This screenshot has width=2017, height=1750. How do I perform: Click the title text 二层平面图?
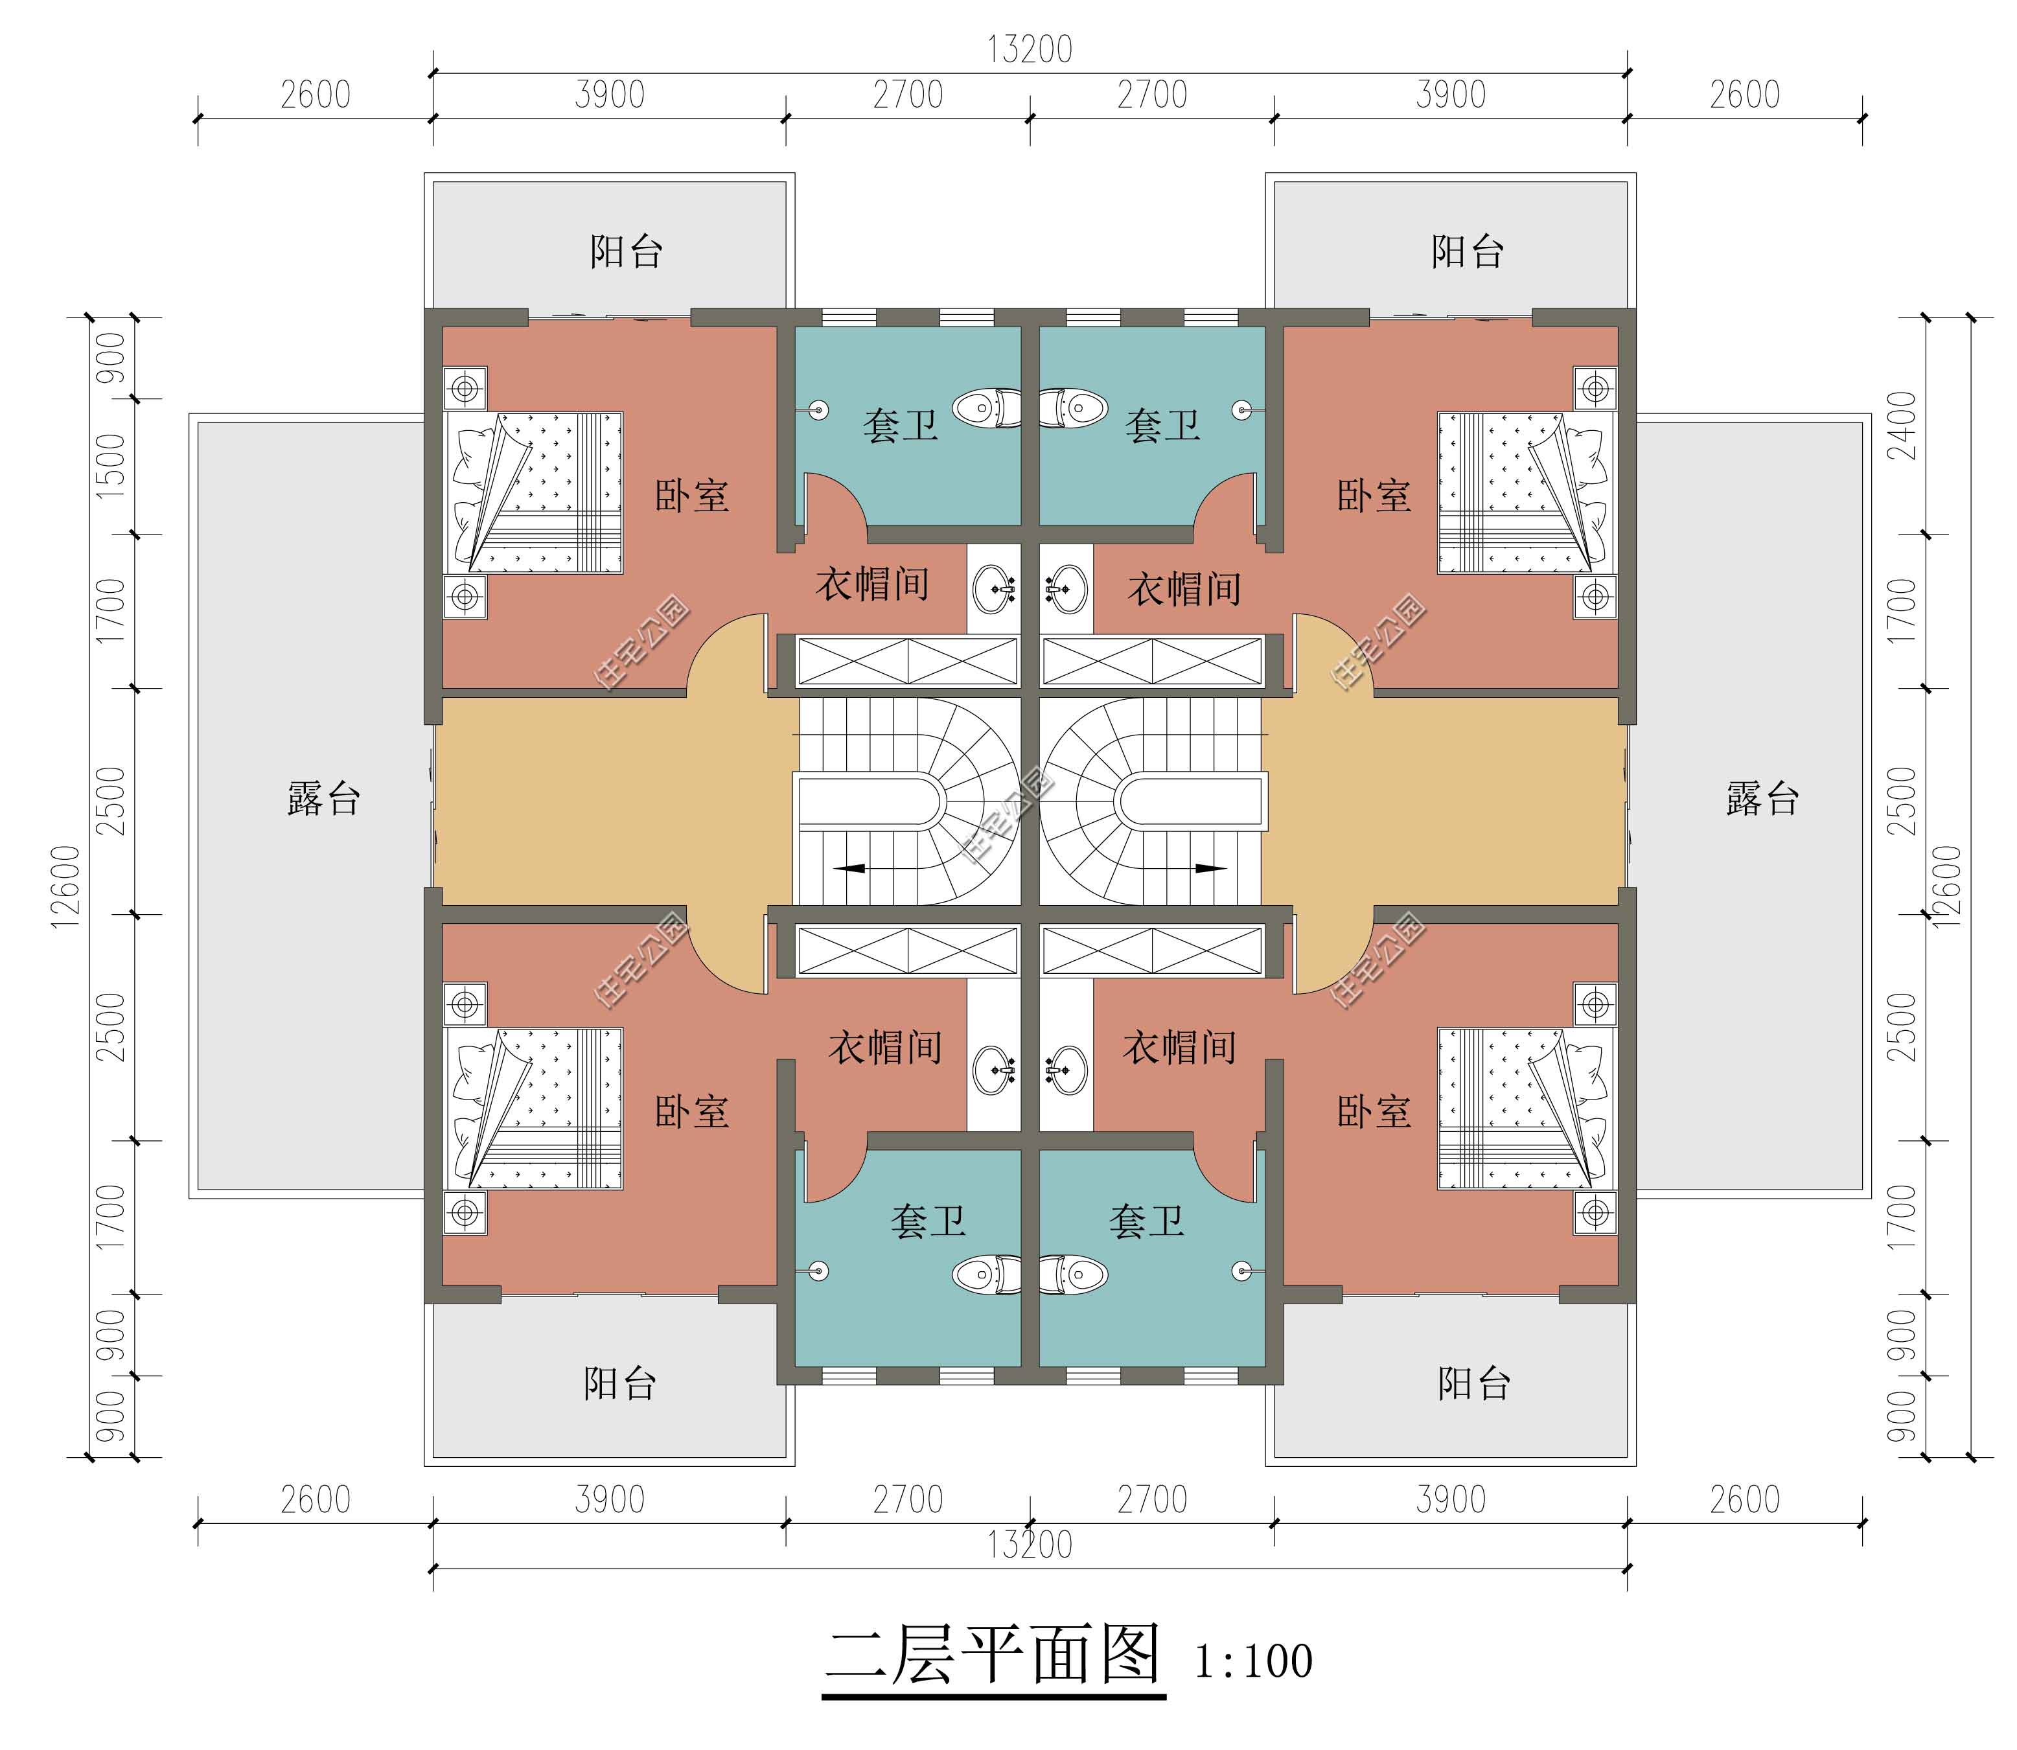click(x=993, y=1654)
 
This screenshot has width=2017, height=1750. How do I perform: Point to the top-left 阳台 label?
click(x=626, y=252)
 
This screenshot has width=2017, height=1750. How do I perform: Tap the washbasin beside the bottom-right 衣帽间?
click(x=1066, y=1069)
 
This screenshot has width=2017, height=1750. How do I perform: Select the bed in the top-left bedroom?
click(x=535, y=492)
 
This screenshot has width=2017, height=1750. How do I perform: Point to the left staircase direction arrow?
click(x=851, y=867)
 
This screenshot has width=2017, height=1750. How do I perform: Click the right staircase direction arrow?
click(x=1211, y=867)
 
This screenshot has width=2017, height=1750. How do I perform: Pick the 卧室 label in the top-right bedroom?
click(x=1374, y=496)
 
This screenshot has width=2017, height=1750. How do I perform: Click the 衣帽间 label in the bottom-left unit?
click(x=885, y=1047)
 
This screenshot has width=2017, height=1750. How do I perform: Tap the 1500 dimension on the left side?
click(x=111, y=466)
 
